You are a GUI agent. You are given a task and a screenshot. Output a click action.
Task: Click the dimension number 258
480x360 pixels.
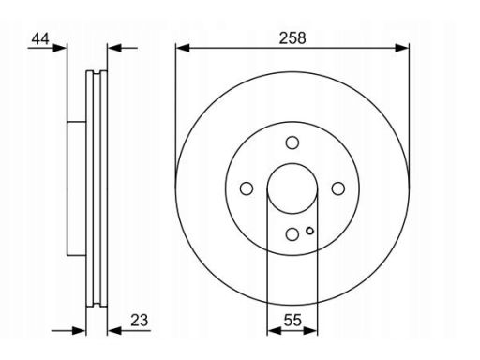pos(292,38)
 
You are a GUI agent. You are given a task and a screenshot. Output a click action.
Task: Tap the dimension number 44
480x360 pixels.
pos(40,39)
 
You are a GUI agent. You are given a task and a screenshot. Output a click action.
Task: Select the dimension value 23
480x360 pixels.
pos(140,321)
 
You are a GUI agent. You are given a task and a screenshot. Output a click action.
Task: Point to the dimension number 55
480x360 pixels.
pos(292,321)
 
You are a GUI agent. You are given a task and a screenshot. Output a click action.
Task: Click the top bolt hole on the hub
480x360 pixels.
pos(292,142)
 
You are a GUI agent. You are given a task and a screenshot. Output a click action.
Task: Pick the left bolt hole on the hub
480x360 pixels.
pos(247,188)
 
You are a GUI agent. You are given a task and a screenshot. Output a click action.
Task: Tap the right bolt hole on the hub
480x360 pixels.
pos(338,188)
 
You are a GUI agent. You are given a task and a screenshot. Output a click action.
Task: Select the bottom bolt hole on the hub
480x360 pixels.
pos(292,234)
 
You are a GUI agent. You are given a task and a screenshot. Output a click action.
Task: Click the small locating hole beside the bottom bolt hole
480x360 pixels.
pos(309,231)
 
